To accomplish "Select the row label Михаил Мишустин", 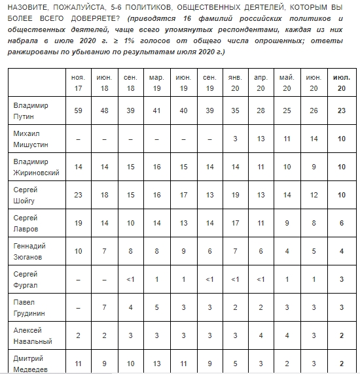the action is pyautogui.click(x=32, y=139).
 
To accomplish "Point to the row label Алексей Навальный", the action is pyautogui.click(x=31, y=335).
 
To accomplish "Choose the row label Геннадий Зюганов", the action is pyautogui.click(x=31, y=251).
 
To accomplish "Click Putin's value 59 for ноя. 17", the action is pyautogui.click(x=78, y=111).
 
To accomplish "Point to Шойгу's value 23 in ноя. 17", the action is pyautogui.click(x=78, y=195).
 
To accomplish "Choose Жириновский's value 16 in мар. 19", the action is pyautogui.click(x=156, y=167).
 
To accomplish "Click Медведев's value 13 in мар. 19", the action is pyautogui.click(x=156, y=362).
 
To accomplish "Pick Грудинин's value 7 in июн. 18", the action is pyautogui.click(x=104, y=307).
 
